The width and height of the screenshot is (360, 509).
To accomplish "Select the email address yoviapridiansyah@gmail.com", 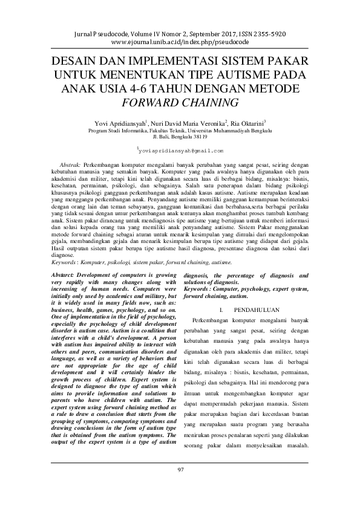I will [x=180, y=150].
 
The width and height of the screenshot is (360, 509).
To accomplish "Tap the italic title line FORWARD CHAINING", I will [x=180, y=102].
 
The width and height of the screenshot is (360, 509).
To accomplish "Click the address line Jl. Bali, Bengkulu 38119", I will [x=180, y=137].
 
